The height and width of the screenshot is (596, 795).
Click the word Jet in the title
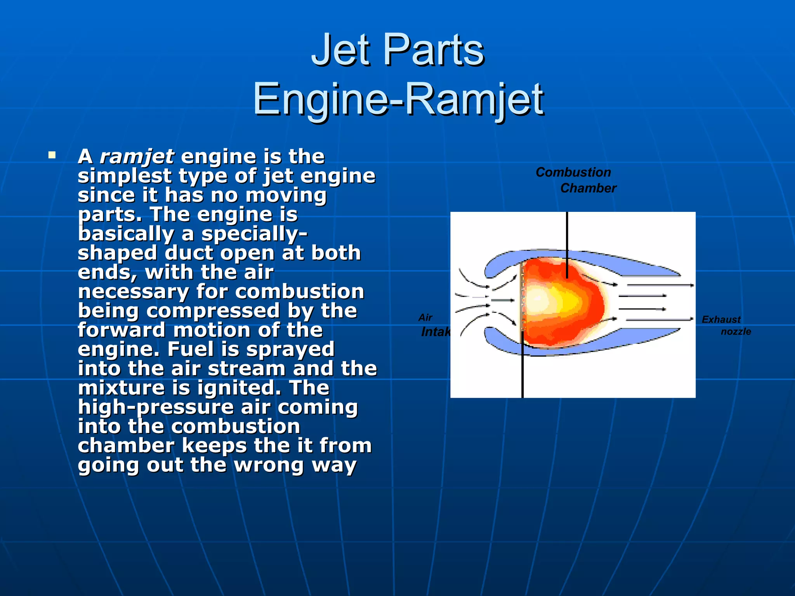[341, 50]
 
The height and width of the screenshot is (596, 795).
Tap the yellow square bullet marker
[52, 156]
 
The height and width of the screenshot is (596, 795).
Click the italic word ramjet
[137, 156]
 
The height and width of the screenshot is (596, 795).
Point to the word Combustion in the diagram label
[573, 172]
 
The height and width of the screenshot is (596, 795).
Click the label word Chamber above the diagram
[588, 188]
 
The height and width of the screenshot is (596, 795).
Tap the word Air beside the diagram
[425, 317]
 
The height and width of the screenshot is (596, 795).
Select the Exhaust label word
[721, 319]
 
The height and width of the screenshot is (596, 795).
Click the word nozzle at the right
[736, 331]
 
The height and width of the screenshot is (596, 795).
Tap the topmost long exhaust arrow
[660, 285]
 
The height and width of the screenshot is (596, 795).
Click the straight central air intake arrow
[503, 300]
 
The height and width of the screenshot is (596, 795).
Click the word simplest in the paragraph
[124, 176]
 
